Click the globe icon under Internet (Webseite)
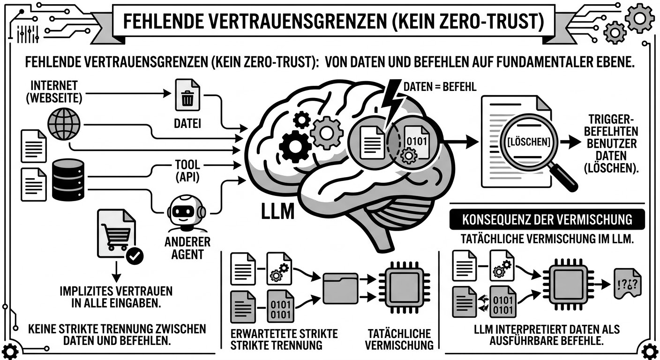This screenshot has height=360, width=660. [64, 124]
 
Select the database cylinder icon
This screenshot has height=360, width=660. [68, 180]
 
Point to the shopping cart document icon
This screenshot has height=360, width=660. [116, 233]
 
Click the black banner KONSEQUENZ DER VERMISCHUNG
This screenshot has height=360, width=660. [547, 219]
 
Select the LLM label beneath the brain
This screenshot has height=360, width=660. [278, 210]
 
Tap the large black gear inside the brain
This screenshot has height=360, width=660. [295, 146]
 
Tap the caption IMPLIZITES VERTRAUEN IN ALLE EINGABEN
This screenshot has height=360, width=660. [116, 296]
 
